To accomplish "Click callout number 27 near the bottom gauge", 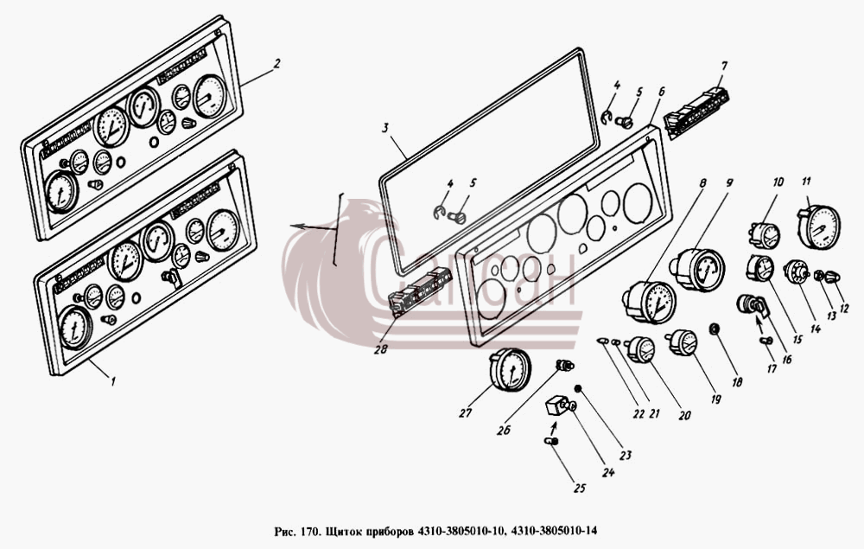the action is pos(466,412).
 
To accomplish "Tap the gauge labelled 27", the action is pos(511,369).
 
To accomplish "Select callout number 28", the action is pos(380,349).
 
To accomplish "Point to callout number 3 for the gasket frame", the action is pos(385,128).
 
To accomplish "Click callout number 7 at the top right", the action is pos(725,67).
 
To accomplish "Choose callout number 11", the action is pos(806,182).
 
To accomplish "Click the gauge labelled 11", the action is pos(819,226).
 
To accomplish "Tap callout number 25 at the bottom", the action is pos(579,488).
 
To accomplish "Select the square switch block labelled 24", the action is pos(556,408).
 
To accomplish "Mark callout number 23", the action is pos(625,456).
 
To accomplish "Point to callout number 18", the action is pos(737,381).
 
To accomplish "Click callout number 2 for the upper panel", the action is pos(276,64).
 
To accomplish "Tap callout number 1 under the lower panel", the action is pos(113,380).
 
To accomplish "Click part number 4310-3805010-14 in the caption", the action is pos(555,531).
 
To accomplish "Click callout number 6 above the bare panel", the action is pos(661,92).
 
